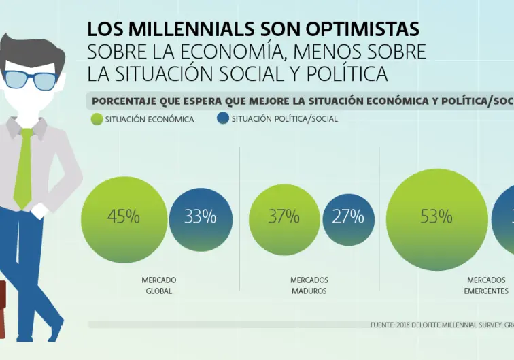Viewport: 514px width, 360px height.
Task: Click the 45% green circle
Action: click(x=123, y=217)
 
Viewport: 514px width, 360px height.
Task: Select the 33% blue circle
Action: click(x=200, y=217)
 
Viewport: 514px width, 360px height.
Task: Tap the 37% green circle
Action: click(x=284, y=217)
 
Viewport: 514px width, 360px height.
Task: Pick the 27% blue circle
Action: click(x=348, y=217)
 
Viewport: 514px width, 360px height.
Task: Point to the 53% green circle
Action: click(x=436, y=217)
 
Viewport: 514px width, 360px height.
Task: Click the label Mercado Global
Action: click(x=158, y=285)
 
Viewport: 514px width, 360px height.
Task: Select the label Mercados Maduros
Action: click(x=309, y=285)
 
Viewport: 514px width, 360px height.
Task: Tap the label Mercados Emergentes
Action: click(x=487, y=285)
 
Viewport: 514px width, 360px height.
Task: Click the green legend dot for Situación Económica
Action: click(x=96, y=119)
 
